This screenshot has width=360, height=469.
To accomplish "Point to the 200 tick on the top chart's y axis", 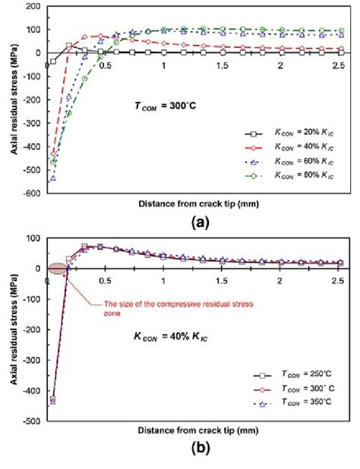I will tap(33, 6).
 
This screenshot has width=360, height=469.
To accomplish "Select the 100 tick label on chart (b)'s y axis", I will tap(33, 238).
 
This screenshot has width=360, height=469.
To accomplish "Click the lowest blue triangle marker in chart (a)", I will tap(52, 178).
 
